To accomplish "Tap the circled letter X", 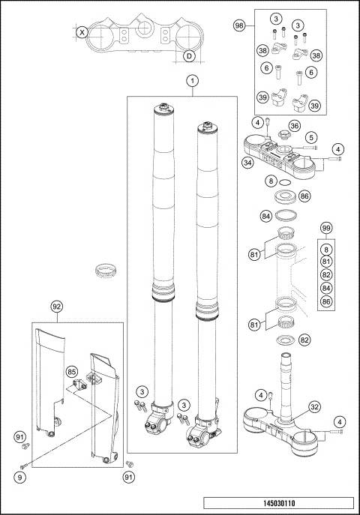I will click(x=82, y=32).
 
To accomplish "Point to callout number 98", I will click(x=239, y=25).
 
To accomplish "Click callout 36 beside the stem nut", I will click(x=295, y=126).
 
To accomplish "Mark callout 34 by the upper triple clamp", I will click(x=247, y=162).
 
